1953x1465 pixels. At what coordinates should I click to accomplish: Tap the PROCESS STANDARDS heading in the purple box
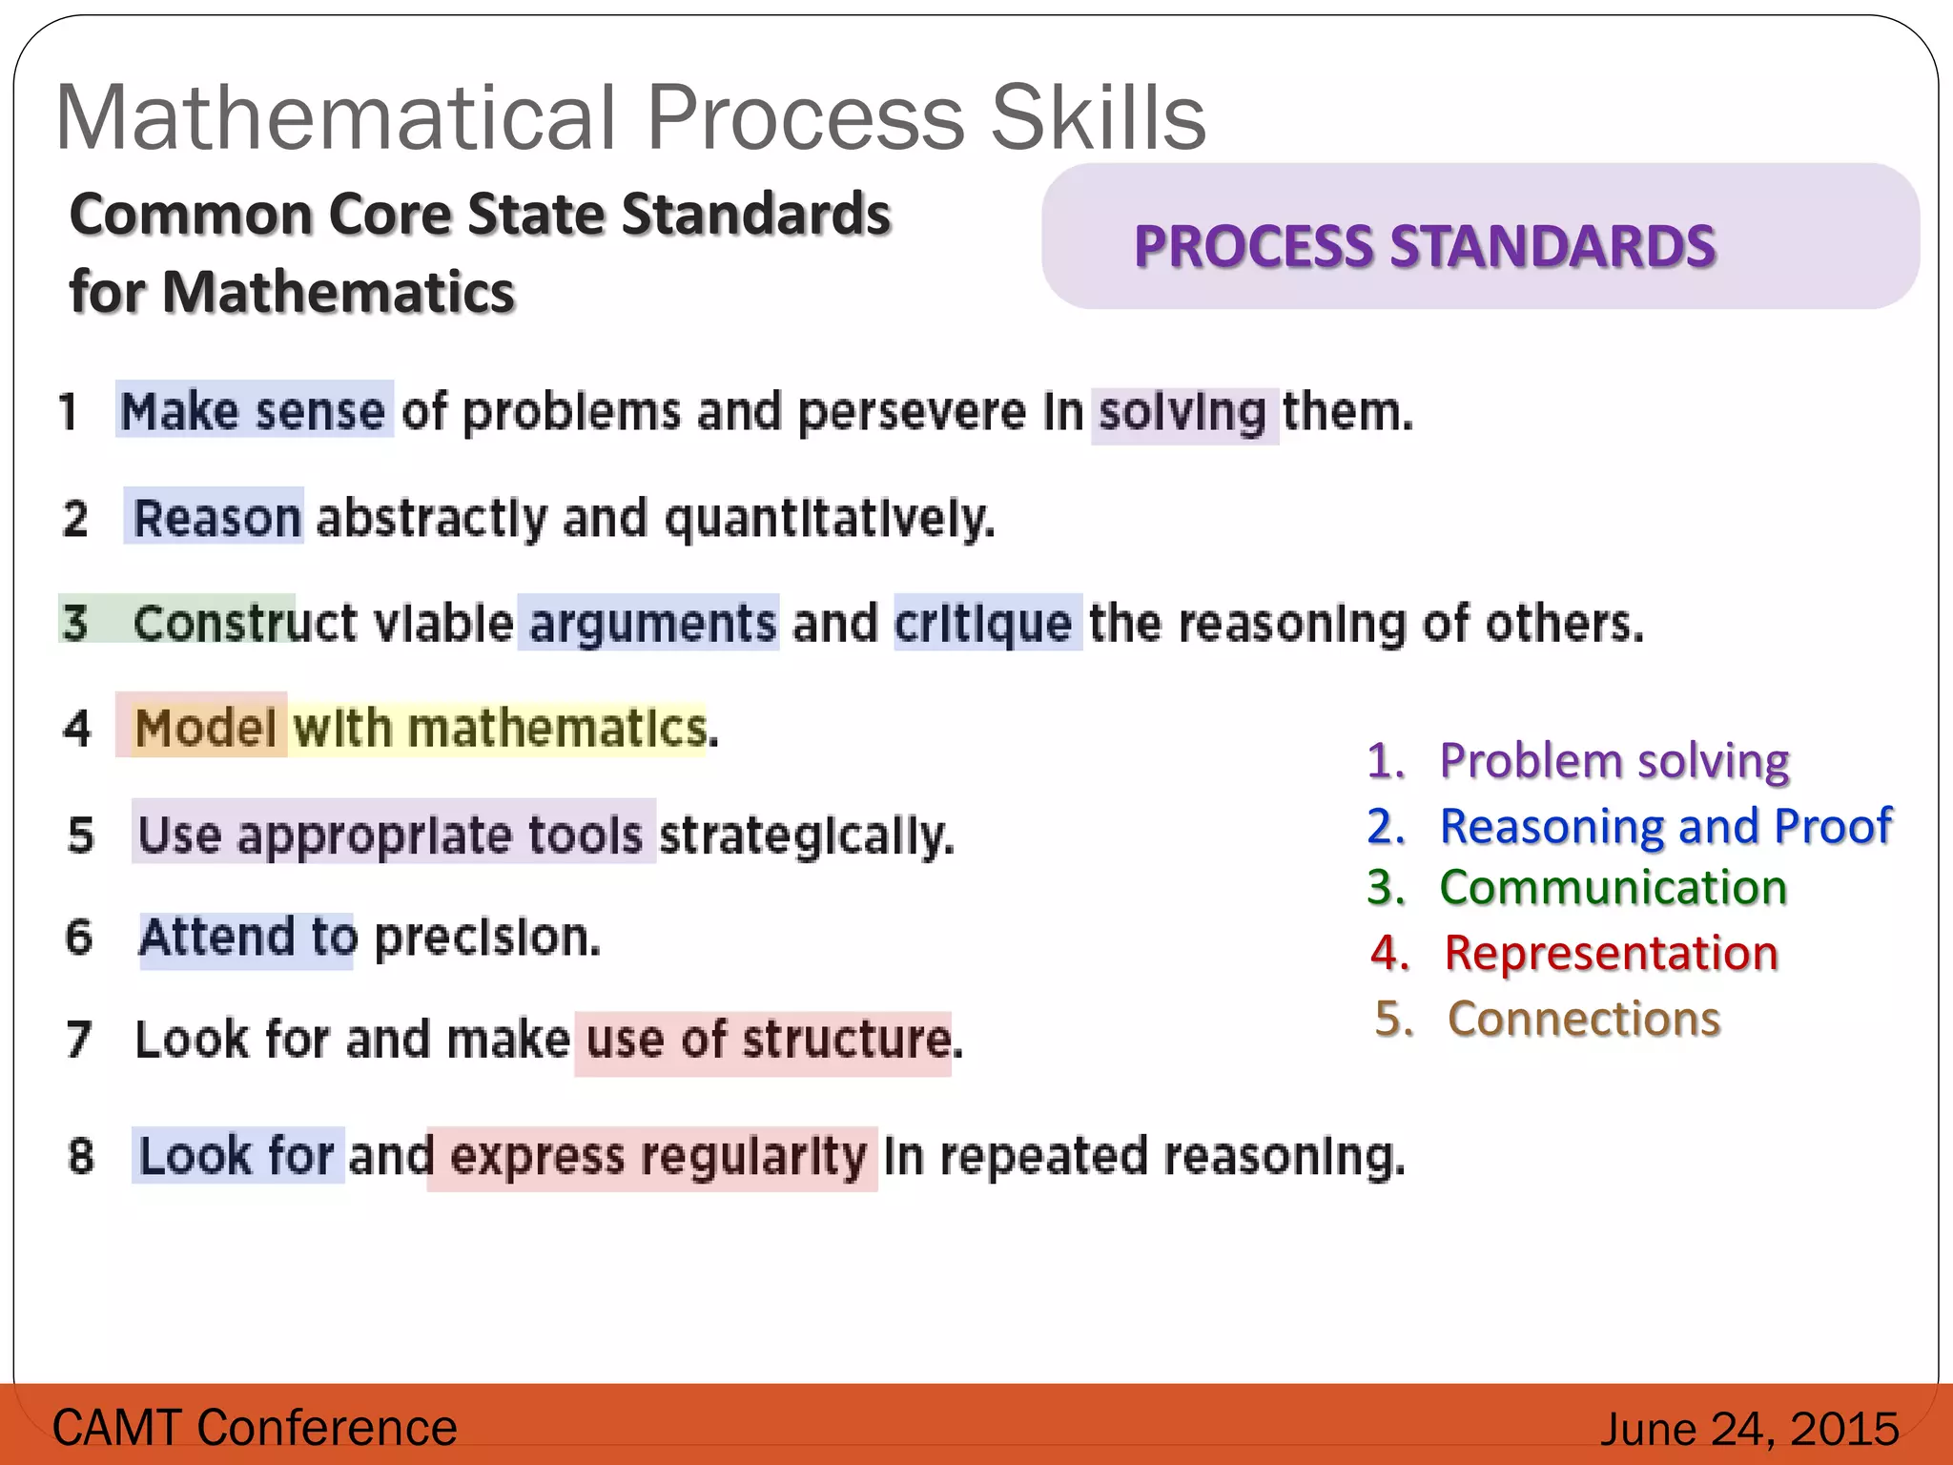point(1424,246)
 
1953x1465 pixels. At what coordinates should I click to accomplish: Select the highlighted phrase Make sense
point(254,411)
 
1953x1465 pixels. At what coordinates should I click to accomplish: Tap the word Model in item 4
point(205,728)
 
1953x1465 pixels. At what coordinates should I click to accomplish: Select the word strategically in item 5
point(806,836)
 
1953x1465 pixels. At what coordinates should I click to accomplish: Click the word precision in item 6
point(487,938)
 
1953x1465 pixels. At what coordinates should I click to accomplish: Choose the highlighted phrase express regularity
point(658,1156)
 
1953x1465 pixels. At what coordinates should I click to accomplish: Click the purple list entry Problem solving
point(1614,761)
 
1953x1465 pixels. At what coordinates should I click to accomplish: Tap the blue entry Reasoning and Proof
point(1665,826)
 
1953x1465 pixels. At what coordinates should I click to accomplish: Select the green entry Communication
point(1613,888)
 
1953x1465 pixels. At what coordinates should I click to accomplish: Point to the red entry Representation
point(1611,953)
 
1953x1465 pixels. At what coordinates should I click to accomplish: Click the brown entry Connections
point(1583,1019)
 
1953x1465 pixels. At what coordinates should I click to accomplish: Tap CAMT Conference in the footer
point(255,1428)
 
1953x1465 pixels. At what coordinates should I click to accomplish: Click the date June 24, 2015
point(1749,1429)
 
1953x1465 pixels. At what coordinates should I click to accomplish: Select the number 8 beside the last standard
point(81,1156)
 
